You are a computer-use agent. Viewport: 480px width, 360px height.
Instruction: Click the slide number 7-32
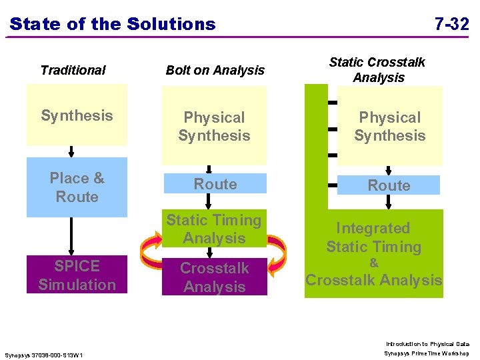click(451, 25)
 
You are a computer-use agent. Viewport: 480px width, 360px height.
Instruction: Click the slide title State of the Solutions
click(113, 25)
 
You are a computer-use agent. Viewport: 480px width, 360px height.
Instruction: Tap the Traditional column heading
click(73, 70)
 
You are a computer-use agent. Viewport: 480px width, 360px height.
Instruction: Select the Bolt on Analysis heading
click(215, 70)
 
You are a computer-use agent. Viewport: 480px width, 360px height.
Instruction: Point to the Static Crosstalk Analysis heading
click(377, 70)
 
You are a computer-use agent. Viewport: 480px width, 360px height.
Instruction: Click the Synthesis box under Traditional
click(77, 115)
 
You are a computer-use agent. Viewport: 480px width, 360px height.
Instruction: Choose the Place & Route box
click(77, 187)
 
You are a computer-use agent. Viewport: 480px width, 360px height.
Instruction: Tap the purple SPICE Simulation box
click(77, 275)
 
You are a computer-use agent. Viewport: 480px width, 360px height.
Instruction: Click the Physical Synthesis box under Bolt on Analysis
click(214, 126)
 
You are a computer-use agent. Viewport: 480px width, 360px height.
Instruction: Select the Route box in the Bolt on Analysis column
click(215, 184)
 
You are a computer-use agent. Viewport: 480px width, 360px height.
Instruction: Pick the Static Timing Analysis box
click(214, 229)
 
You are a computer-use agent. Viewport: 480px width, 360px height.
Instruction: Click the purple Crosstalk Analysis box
click(214, 277)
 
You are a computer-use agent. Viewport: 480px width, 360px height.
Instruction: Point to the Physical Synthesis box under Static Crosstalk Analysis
click(389, 126)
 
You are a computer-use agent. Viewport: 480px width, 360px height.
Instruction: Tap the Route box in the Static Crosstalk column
click(389, 185)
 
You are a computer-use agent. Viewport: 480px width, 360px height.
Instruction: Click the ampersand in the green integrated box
click(373, 263)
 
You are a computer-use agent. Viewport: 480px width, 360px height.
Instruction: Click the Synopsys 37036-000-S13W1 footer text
click(43, 354)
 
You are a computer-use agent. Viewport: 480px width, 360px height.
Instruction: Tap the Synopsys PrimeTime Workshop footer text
click(427, 353)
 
